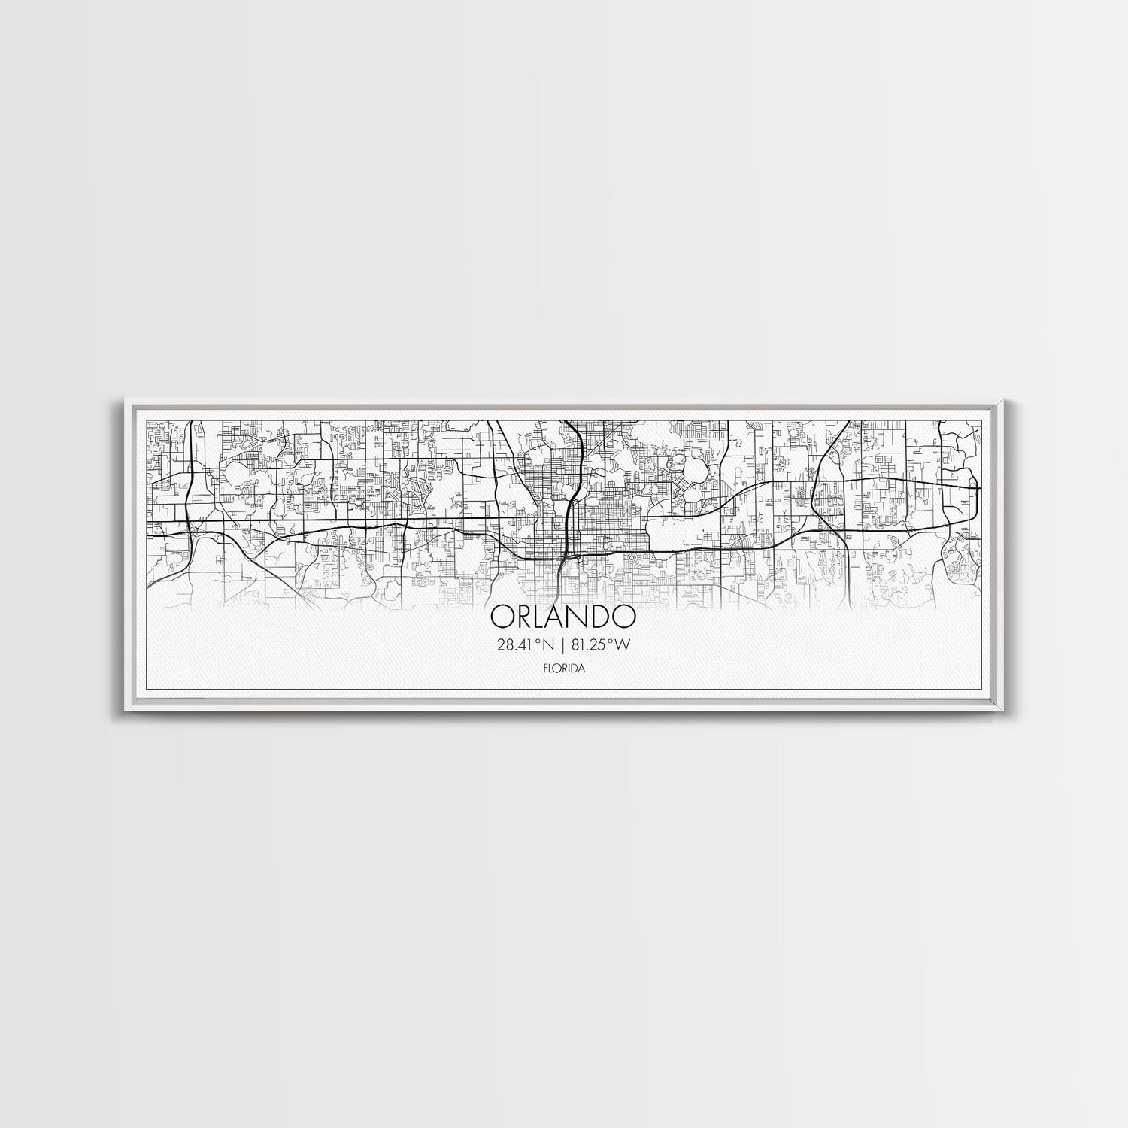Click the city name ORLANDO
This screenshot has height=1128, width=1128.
click(x=562, y=617)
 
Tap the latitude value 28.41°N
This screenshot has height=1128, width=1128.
click(x=521, y=644)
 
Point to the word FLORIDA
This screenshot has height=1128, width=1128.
click(x=562, y=667)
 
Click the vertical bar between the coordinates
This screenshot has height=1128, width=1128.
click(x=562, y=644)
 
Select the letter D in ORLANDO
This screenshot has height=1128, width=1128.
click(x=601, y=617)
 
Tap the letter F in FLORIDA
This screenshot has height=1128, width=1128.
click(x=545, y=667)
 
